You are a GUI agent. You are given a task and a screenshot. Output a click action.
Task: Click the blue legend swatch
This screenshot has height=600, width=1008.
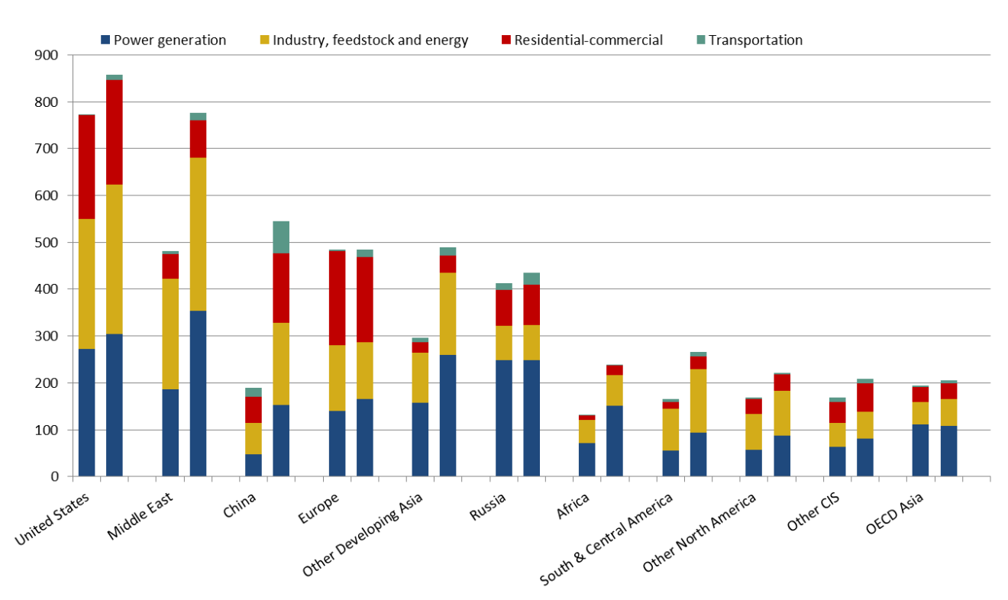(x=105, y=40)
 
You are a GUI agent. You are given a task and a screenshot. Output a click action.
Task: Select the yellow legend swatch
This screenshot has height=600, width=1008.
(x=264, y=40)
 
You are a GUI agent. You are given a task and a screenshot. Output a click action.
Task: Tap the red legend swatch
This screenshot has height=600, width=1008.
(x=506, y=40)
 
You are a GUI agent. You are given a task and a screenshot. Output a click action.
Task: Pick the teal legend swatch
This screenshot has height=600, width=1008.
(x=701, y=40)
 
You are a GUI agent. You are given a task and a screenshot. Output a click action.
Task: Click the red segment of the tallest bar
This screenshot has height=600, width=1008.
(x=115, y=132)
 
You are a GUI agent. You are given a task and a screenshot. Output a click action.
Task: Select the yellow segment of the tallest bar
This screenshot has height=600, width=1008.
(x=115, y=259)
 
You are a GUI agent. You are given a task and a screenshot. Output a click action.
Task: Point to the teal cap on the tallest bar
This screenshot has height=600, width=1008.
(x=115, y=77)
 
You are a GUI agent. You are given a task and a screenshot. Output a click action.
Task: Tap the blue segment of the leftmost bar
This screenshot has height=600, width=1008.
(x=86, y=412)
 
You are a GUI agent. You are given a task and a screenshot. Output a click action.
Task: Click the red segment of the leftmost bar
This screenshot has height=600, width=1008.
(x=86, y=167)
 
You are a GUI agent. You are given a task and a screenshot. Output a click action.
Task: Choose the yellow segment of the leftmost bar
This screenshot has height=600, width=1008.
(x=86, y=284)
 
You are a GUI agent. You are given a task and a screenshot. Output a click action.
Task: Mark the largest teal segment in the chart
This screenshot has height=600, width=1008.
(x=281, y=237)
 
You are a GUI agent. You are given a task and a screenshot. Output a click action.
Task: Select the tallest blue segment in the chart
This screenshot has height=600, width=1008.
(x=198, y=393)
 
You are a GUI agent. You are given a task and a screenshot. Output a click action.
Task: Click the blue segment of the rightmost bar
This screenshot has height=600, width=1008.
(x=948, y=450)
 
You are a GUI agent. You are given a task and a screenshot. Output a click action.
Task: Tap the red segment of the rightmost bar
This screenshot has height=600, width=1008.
(x=948, y=391)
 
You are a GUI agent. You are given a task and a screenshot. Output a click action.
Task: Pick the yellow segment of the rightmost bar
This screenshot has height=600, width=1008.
(x=948, y=412)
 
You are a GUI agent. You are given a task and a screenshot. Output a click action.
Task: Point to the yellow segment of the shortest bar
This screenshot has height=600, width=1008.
(x=586, y=431)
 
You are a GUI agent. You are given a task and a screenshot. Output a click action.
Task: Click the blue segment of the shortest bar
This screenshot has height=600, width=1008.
(x=586, y=460)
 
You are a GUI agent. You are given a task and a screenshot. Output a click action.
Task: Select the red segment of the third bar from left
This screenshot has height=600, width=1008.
(x=170, y=266)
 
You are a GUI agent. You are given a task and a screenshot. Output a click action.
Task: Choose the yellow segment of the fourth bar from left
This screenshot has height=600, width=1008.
(x=198, y=234)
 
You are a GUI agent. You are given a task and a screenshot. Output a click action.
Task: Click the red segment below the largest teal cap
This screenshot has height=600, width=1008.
(x=281, y=288)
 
